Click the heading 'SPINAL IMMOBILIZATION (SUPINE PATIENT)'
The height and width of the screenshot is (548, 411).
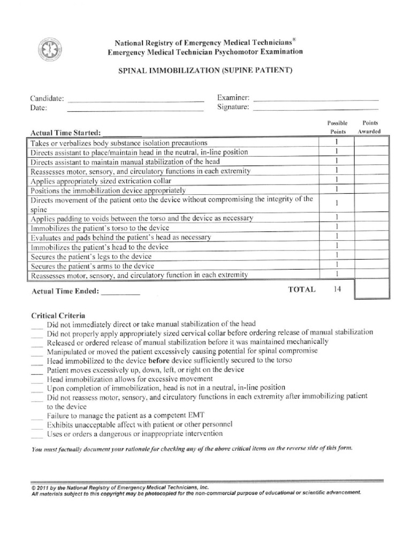tap(205, 71)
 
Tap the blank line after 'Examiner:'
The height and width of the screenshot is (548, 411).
tap(315, 99)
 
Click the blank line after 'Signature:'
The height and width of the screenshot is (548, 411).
tap(315, 109)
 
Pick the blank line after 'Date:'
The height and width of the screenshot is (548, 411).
tap(135, 109)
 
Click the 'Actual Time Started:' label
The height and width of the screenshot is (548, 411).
tap(66, 133)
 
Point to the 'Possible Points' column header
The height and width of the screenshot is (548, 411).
tap(337, 127)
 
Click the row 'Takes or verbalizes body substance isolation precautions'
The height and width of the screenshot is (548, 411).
tap(119, 143)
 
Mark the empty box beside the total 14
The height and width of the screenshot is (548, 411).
tap(371, 291)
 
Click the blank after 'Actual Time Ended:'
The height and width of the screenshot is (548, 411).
tap(120, 293)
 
